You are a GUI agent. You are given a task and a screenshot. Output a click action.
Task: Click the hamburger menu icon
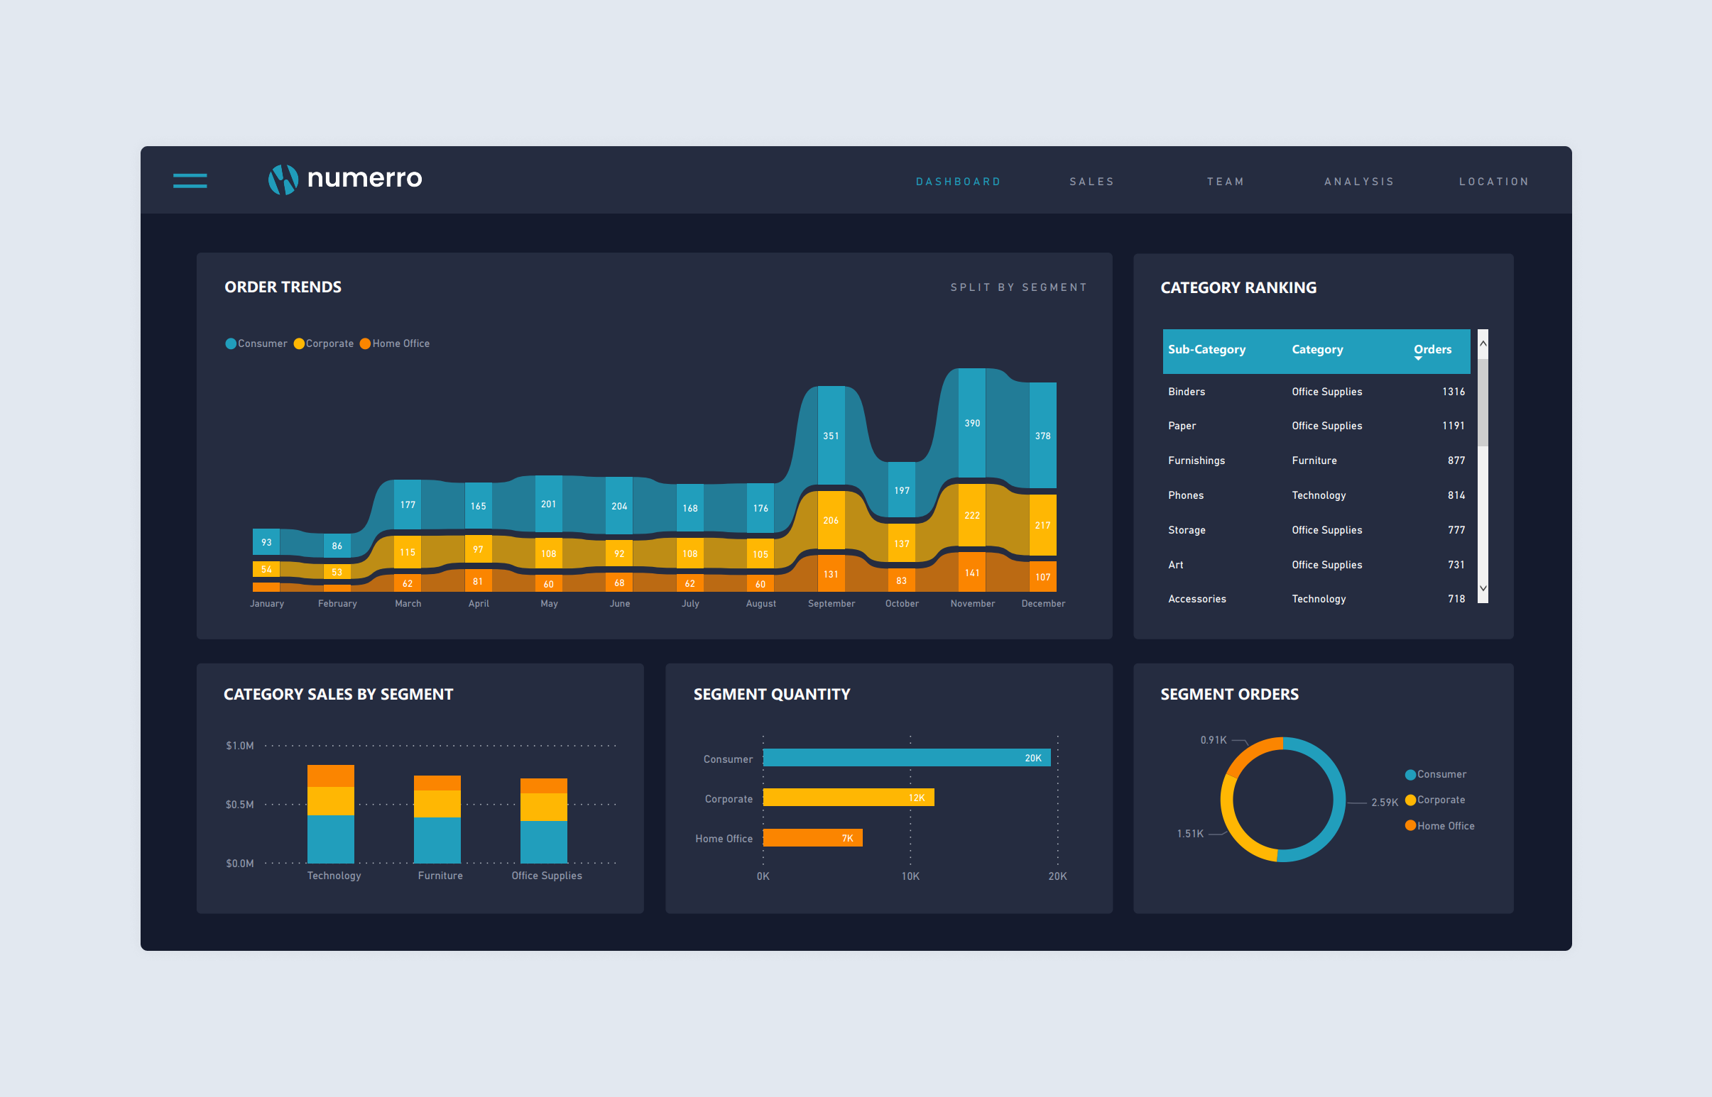coord(190,181)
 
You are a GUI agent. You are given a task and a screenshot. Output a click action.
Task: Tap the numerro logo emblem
coord(282,180)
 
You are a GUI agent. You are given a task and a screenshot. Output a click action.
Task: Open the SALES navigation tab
coord(1091,182)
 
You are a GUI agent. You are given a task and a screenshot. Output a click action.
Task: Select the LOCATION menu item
coord(1493,182)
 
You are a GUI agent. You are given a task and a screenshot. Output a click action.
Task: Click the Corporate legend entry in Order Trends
coord(324,343)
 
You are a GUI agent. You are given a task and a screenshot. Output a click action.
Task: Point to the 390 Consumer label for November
coord(971,423)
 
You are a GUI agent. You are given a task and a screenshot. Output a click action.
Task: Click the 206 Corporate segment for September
coord(830,520)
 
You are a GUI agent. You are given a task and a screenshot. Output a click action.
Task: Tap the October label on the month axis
coord(902,603)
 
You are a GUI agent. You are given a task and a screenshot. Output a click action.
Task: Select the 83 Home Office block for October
coord(901,580)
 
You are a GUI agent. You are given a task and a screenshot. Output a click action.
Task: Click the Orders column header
coord(1432,350)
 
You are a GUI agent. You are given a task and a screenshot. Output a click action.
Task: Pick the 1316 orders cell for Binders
coord(1453,392)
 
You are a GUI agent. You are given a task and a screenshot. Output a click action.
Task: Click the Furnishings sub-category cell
coord(1196,461)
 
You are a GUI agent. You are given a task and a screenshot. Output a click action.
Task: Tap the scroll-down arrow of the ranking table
coord(1483,588)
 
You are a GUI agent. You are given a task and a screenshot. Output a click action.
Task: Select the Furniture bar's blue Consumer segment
coord(437,840)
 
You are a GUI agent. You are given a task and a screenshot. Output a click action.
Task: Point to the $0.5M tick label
coord(239,804)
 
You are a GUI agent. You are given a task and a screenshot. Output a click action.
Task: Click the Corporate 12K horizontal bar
coord(847,798)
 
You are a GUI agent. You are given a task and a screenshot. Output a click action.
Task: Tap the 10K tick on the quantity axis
coord(910,876)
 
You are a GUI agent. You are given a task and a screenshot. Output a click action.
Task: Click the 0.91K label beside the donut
coord(1213,740)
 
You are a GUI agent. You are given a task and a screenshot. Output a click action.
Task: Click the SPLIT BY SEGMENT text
coord(1018,287)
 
